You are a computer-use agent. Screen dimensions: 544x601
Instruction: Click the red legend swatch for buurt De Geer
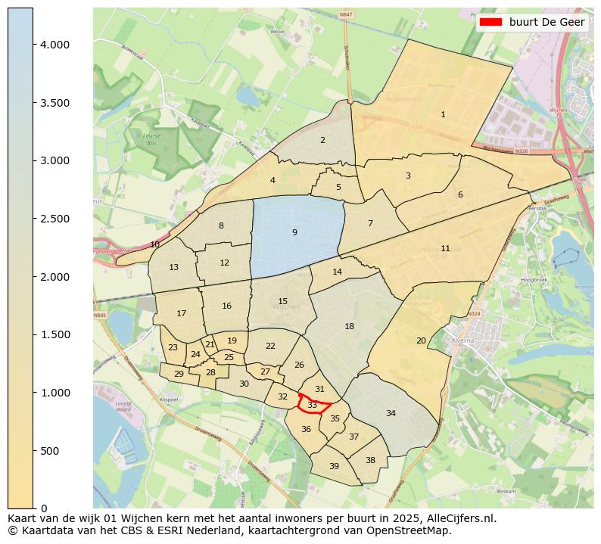491,23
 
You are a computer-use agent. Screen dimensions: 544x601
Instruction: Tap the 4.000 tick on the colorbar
33,45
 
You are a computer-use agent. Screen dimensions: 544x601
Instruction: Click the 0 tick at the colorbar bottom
33,508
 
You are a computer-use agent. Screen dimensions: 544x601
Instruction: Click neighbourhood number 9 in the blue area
294,232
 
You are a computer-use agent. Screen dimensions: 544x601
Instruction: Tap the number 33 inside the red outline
312,406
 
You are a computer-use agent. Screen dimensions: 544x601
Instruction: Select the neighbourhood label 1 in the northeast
443,114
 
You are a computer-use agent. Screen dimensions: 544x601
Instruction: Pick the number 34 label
391,413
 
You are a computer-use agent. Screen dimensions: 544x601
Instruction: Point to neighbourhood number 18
349,326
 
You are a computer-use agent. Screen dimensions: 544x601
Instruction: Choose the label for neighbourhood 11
445,248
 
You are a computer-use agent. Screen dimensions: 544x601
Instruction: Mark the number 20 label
421,340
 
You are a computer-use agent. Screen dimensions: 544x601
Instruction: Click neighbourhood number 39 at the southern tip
334,466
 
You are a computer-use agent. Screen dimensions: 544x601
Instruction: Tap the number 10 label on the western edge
154,244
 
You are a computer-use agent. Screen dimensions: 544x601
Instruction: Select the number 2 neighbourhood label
322,140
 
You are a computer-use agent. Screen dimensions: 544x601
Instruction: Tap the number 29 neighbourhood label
179,374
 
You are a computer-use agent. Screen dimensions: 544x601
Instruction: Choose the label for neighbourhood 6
459,194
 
